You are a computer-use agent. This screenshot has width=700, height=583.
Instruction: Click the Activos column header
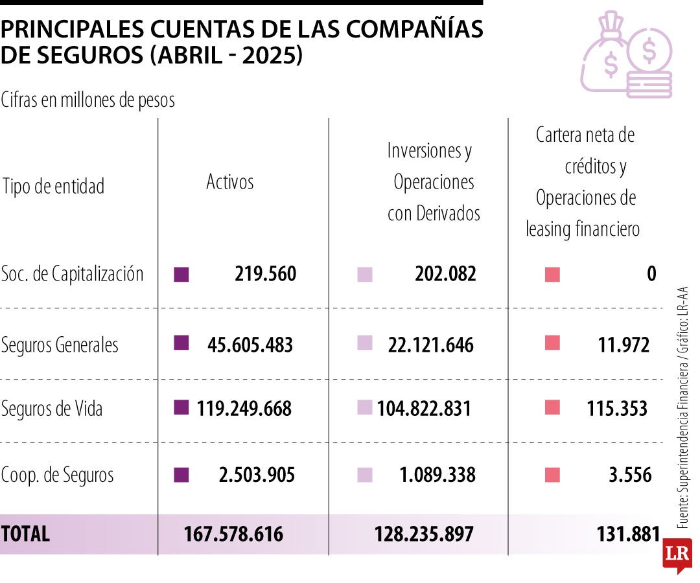pos(229,182)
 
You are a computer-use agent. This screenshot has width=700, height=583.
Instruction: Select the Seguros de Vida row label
pos(52,409)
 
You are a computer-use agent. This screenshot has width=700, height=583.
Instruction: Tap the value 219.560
pos(265,274)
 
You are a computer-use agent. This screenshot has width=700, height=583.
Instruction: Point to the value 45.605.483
pos(250,345)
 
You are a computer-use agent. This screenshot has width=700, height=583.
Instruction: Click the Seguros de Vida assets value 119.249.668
pos(244,409)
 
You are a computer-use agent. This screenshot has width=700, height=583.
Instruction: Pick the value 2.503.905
pos(257,475)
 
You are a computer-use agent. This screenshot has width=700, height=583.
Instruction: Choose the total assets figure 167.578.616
pos(233,534)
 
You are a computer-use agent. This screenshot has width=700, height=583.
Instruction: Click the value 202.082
pos(445,274)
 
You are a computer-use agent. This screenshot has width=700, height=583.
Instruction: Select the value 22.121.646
pos(431,345)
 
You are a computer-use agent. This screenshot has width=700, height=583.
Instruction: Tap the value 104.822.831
pos(424,409)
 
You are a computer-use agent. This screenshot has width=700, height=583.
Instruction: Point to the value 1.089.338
pos(437,475)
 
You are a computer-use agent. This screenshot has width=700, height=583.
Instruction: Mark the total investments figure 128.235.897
pos(424,534)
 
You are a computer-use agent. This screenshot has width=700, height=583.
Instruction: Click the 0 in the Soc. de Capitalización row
pos(651,274)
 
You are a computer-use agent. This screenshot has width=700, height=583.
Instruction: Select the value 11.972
pos(624,345)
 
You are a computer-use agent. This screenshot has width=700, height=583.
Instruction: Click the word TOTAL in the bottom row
pos(25,534)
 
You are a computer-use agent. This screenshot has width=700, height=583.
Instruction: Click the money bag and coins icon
pos(626,54)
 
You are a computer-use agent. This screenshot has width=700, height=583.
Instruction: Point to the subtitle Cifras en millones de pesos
pos(88,100)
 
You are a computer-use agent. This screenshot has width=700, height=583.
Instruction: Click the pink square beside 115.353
pos(552,407)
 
